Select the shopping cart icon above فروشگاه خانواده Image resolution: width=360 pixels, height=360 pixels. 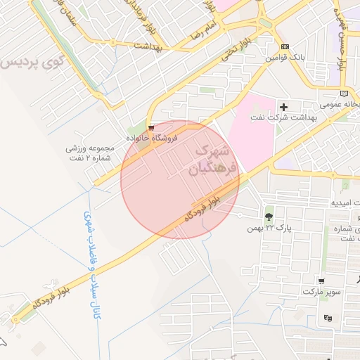point(151,128)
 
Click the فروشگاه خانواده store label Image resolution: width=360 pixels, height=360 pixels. point(152,139)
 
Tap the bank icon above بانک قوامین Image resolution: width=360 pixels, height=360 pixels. point(284,46)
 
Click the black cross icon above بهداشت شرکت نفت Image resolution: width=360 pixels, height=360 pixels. point(283,107)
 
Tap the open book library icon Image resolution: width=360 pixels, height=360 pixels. point(344,93)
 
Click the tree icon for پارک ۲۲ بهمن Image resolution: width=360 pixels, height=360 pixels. point(269,216)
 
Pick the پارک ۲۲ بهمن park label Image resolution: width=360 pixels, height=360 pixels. point(269,228)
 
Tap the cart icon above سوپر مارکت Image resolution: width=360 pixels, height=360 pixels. point(321,280)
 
